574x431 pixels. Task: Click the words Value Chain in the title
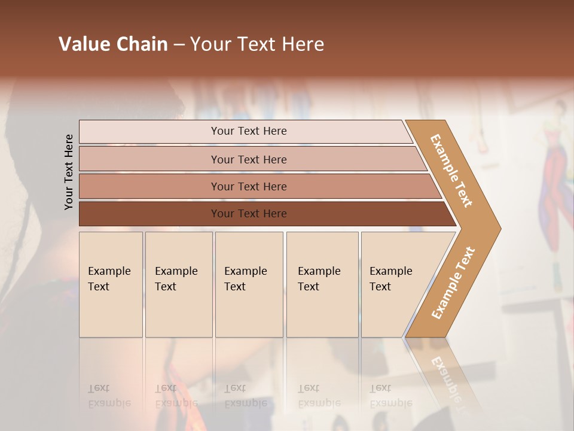(x=113, y=44)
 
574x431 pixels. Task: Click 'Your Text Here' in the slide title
(x=257, y=44)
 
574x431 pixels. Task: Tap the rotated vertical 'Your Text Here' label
(x=69, y=172)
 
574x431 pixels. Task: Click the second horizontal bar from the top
(x=248, y=159)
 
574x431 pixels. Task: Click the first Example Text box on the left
(x=111, y=284)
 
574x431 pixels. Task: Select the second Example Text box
(x=178, y=284)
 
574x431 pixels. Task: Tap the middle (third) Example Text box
(x=248, y=284)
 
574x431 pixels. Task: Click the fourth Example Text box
(x=322, y=284)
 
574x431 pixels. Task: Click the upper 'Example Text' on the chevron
(x=451, y=171)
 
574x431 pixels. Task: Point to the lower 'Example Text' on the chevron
(x=453, y=283)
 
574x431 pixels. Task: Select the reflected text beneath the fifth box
(x=390, y=396)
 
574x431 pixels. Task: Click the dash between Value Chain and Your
(x=179, y=45)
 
